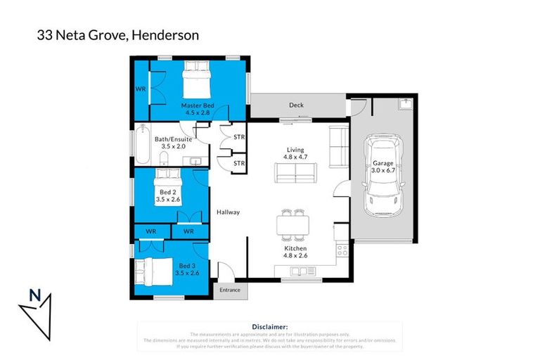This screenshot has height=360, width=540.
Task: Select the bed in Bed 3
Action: click(x=152, y=271)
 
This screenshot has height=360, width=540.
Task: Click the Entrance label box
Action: click(x=229, y=290)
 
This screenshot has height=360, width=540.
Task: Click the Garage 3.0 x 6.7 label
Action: click(x=383, y=167)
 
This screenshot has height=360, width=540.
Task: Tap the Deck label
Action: click(x=296, y=105)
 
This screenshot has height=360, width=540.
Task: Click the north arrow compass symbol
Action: click(x=34, y=309)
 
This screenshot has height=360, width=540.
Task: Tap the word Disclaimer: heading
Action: click(x=269, y=326)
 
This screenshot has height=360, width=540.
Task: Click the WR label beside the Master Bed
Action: click(x=141, y=89)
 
